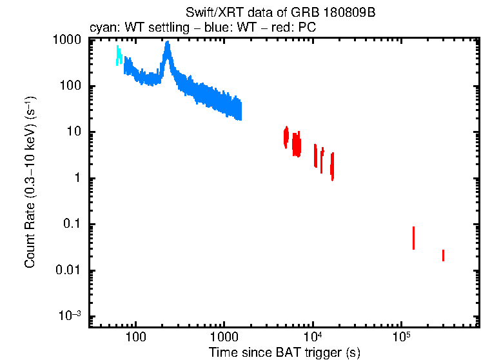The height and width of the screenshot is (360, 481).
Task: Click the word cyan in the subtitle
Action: tap(100, 29)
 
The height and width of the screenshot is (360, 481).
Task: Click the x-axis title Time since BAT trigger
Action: tap(284, 352)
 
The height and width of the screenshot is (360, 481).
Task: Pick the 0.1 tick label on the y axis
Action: tap(72, 225)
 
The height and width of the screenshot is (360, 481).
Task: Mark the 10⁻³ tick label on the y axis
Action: tap(70, 316)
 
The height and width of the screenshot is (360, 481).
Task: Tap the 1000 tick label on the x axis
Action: tap(224, 337)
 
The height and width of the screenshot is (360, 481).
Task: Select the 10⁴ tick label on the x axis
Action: tap(313, 336)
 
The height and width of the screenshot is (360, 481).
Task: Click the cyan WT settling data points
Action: tap(119, 55)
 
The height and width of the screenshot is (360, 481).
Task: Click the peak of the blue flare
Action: tap(168, 45)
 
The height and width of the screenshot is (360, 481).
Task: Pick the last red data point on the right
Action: tap(443, 255)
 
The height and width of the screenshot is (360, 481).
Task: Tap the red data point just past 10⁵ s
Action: tap(413, 238)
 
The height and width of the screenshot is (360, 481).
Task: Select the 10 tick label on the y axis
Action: tap(75, 132)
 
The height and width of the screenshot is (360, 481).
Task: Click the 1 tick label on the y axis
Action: tap(77, 179)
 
